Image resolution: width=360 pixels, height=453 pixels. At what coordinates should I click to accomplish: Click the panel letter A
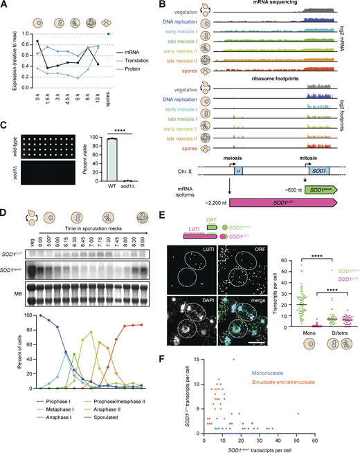point(6,6)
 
